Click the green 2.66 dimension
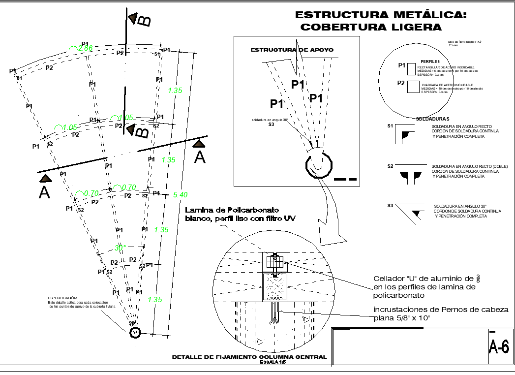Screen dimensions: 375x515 (x=85, y=48)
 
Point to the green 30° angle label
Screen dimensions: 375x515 (x=121, y=248)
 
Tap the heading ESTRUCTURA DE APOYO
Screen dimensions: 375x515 (x=292, y=50)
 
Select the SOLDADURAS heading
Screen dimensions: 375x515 (x=432, y=119)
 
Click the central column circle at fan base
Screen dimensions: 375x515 (x=135, y=333)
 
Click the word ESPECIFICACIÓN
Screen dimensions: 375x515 (x=62, y=298)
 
